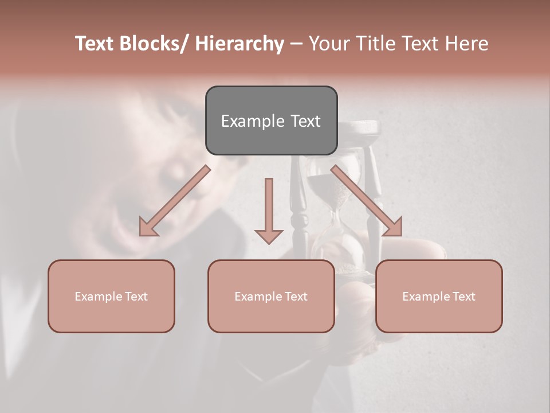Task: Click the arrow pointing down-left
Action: pyautogui.click(x=175, y=201)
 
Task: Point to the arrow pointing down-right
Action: pyautogui.click(x=367, y=201)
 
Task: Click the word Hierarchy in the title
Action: pyautogui.click(x=239, y=44)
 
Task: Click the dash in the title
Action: pyautogui.click(x=296, y=44)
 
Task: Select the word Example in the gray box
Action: pyautogui.click(x=245, y=122)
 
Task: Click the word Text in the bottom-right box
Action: pyautogui.click(x=464, y=297)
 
